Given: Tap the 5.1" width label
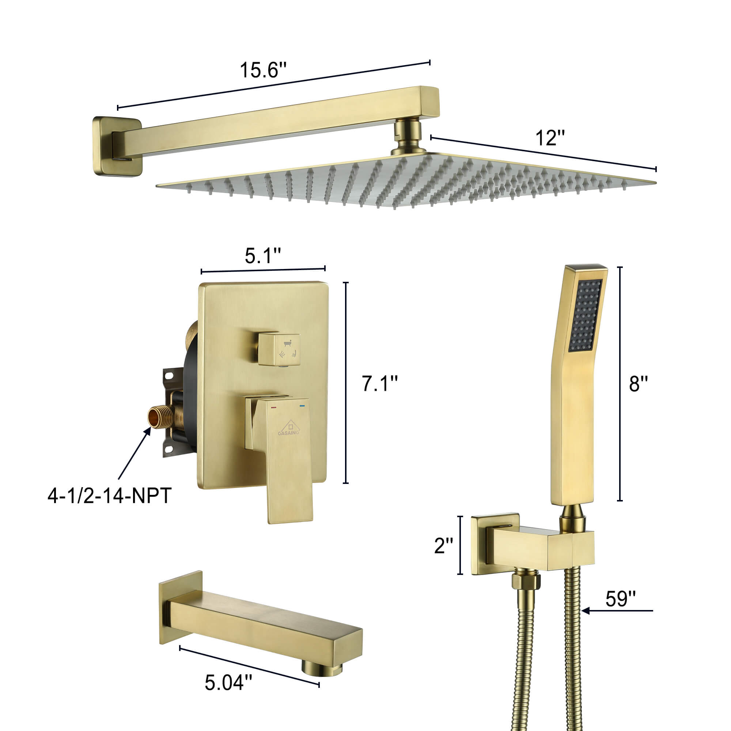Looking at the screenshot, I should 262,256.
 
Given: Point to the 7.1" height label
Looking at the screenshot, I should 379,384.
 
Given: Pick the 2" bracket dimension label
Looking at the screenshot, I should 443,546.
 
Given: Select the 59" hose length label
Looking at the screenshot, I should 621,599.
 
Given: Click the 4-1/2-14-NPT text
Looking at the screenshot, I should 110,496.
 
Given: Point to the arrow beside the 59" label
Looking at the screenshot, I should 617,611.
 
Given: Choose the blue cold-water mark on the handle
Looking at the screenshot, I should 302,406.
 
